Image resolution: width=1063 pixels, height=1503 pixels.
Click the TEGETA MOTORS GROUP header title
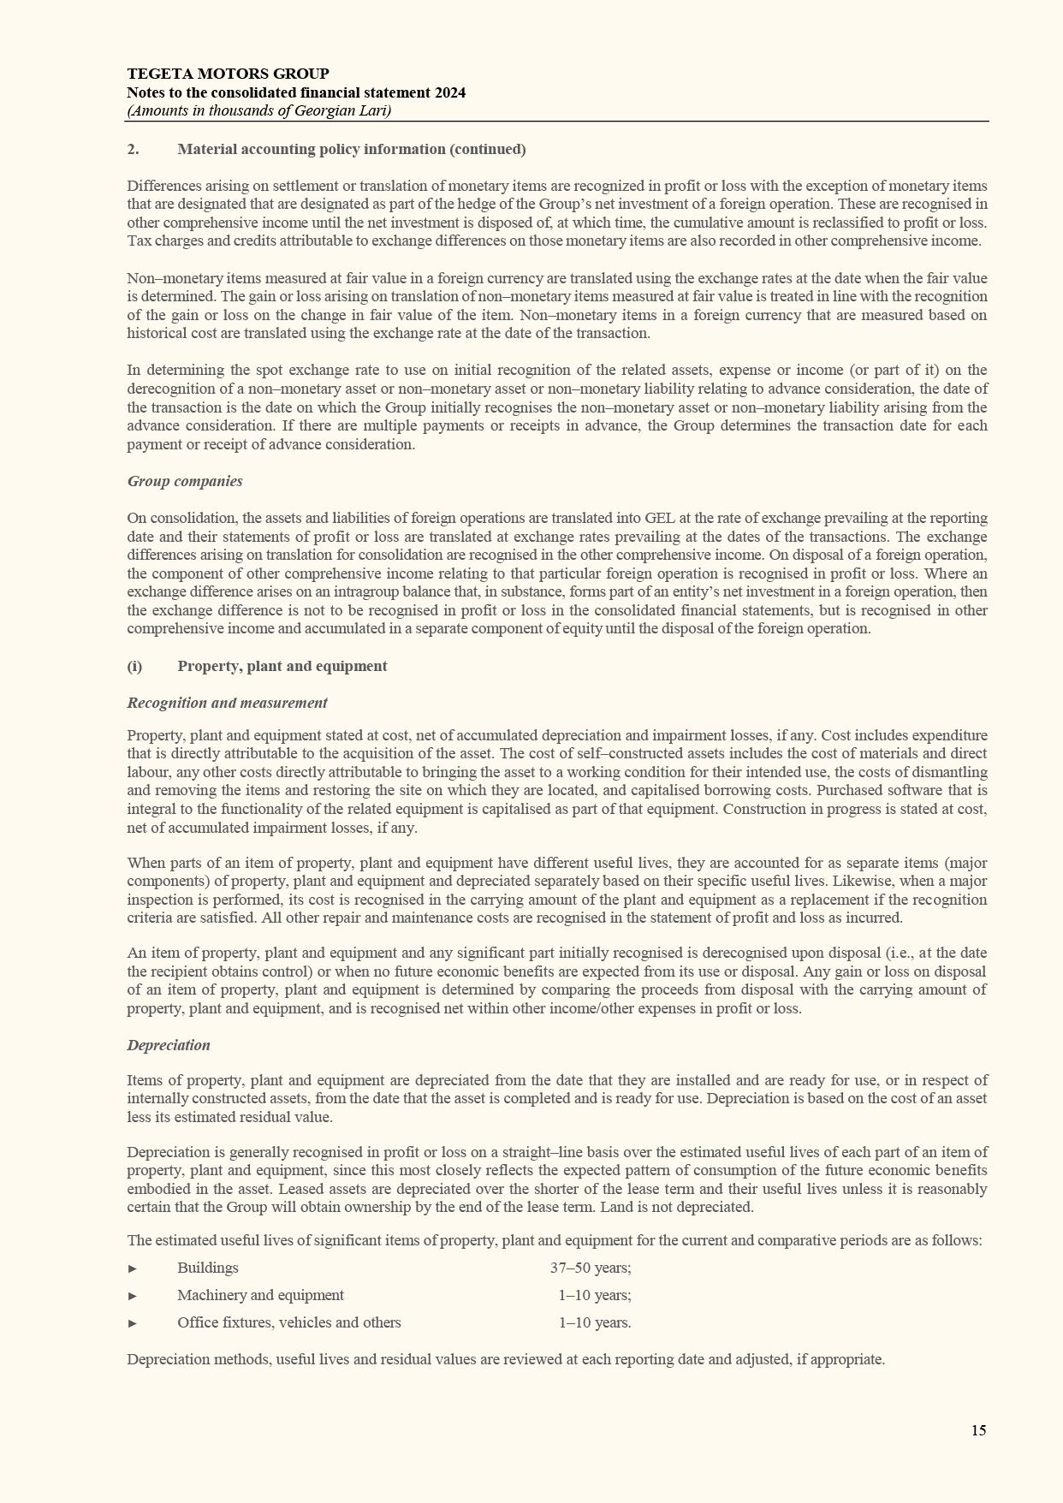pyautogui.click(x=228, y=74)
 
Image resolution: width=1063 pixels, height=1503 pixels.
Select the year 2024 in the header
pyautogui.click(x=449, y=92)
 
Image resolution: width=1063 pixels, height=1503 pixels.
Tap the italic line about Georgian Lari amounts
pyautogui.click(x=258, y=110)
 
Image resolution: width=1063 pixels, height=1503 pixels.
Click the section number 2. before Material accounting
pyautogui.click(x=133, y=149)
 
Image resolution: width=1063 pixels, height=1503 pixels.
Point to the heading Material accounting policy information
pyautogui.click(x=351, y=149)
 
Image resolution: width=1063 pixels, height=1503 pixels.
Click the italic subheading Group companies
pyautogui.click(x=185, y=481)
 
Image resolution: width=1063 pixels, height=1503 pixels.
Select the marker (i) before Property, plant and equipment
pyautogui.click(x=134, y=666)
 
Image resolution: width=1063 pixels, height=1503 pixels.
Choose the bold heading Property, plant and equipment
pyautogui.click(x=282, y=666)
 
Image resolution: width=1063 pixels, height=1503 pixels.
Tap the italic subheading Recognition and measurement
pyautogui.click(x=227, y=703)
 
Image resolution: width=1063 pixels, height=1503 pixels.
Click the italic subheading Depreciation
pyautogui.click(x=169, y=1045)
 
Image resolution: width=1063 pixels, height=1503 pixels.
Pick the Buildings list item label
pyautogui.click(x=208, y=1268)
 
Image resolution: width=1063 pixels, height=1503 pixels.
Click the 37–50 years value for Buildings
pyautogui.click(x=591, y=1268)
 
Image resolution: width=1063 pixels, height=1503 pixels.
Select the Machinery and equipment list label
pyautogui.click(x=260, y=1295)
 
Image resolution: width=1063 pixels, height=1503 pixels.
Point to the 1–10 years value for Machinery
pyautogui.click(x=595, y=1295)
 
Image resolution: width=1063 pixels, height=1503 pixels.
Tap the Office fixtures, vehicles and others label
pyautogui.click(x=288, y=1322)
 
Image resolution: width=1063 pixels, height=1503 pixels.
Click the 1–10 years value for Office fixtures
pyautogui.click(x=595, y=1322)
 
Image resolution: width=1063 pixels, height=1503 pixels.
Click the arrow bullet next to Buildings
pyautogui.click(x=133, y=1268)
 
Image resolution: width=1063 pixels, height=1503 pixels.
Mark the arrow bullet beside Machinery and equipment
pyautogui.click(x=133, y=1296)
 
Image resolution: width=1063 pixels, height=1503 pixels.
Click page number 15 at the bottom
pyautogui.click(x=978, y=1430)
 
